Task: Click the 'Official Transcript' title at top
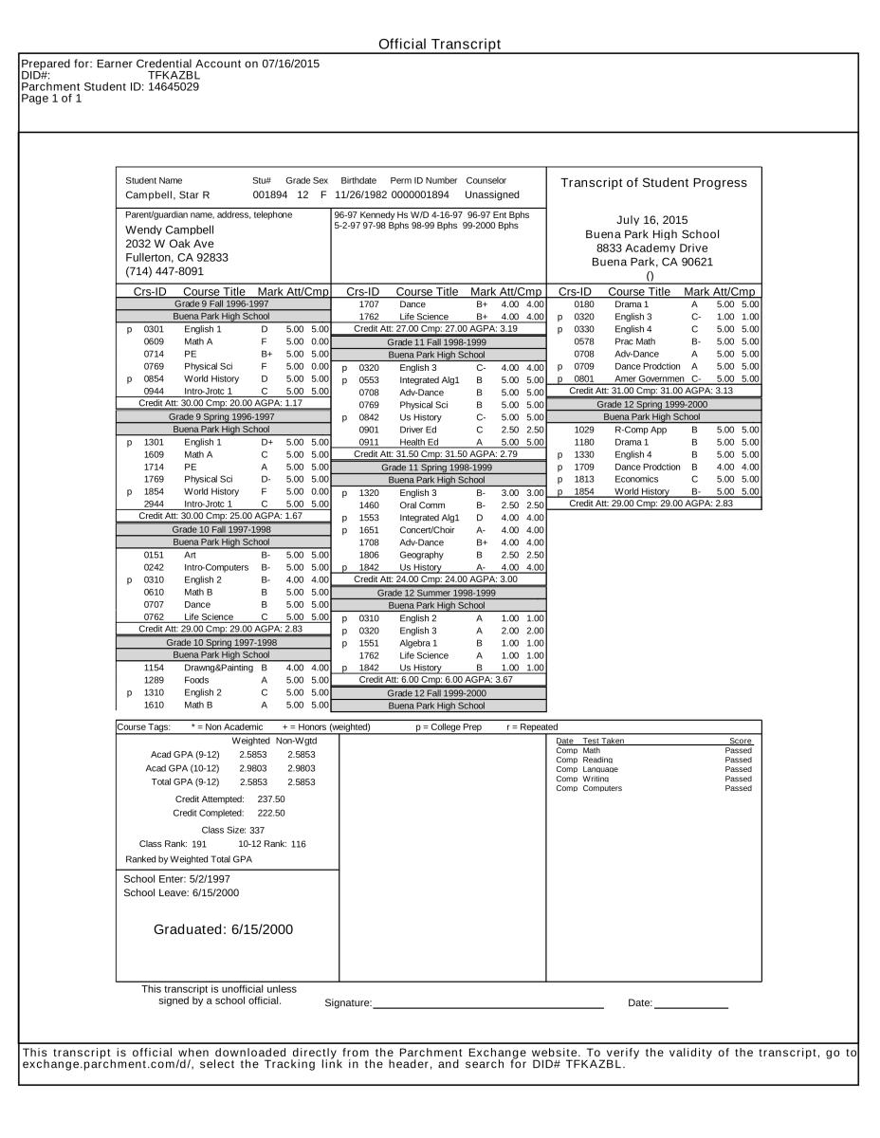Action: coord(439,45)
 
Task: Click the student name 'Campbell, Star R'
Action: coord(168,195)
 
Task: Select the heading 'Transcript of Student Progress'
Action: coord(653,183)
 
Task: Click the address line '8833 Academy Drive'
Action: coord(653,248)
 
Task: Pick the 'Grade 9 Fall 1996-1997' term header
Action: coord(221,303)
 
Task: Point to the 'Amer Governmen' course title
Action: coord(650,378)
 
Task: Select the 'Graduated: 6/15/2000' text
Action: coord(224,929)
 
